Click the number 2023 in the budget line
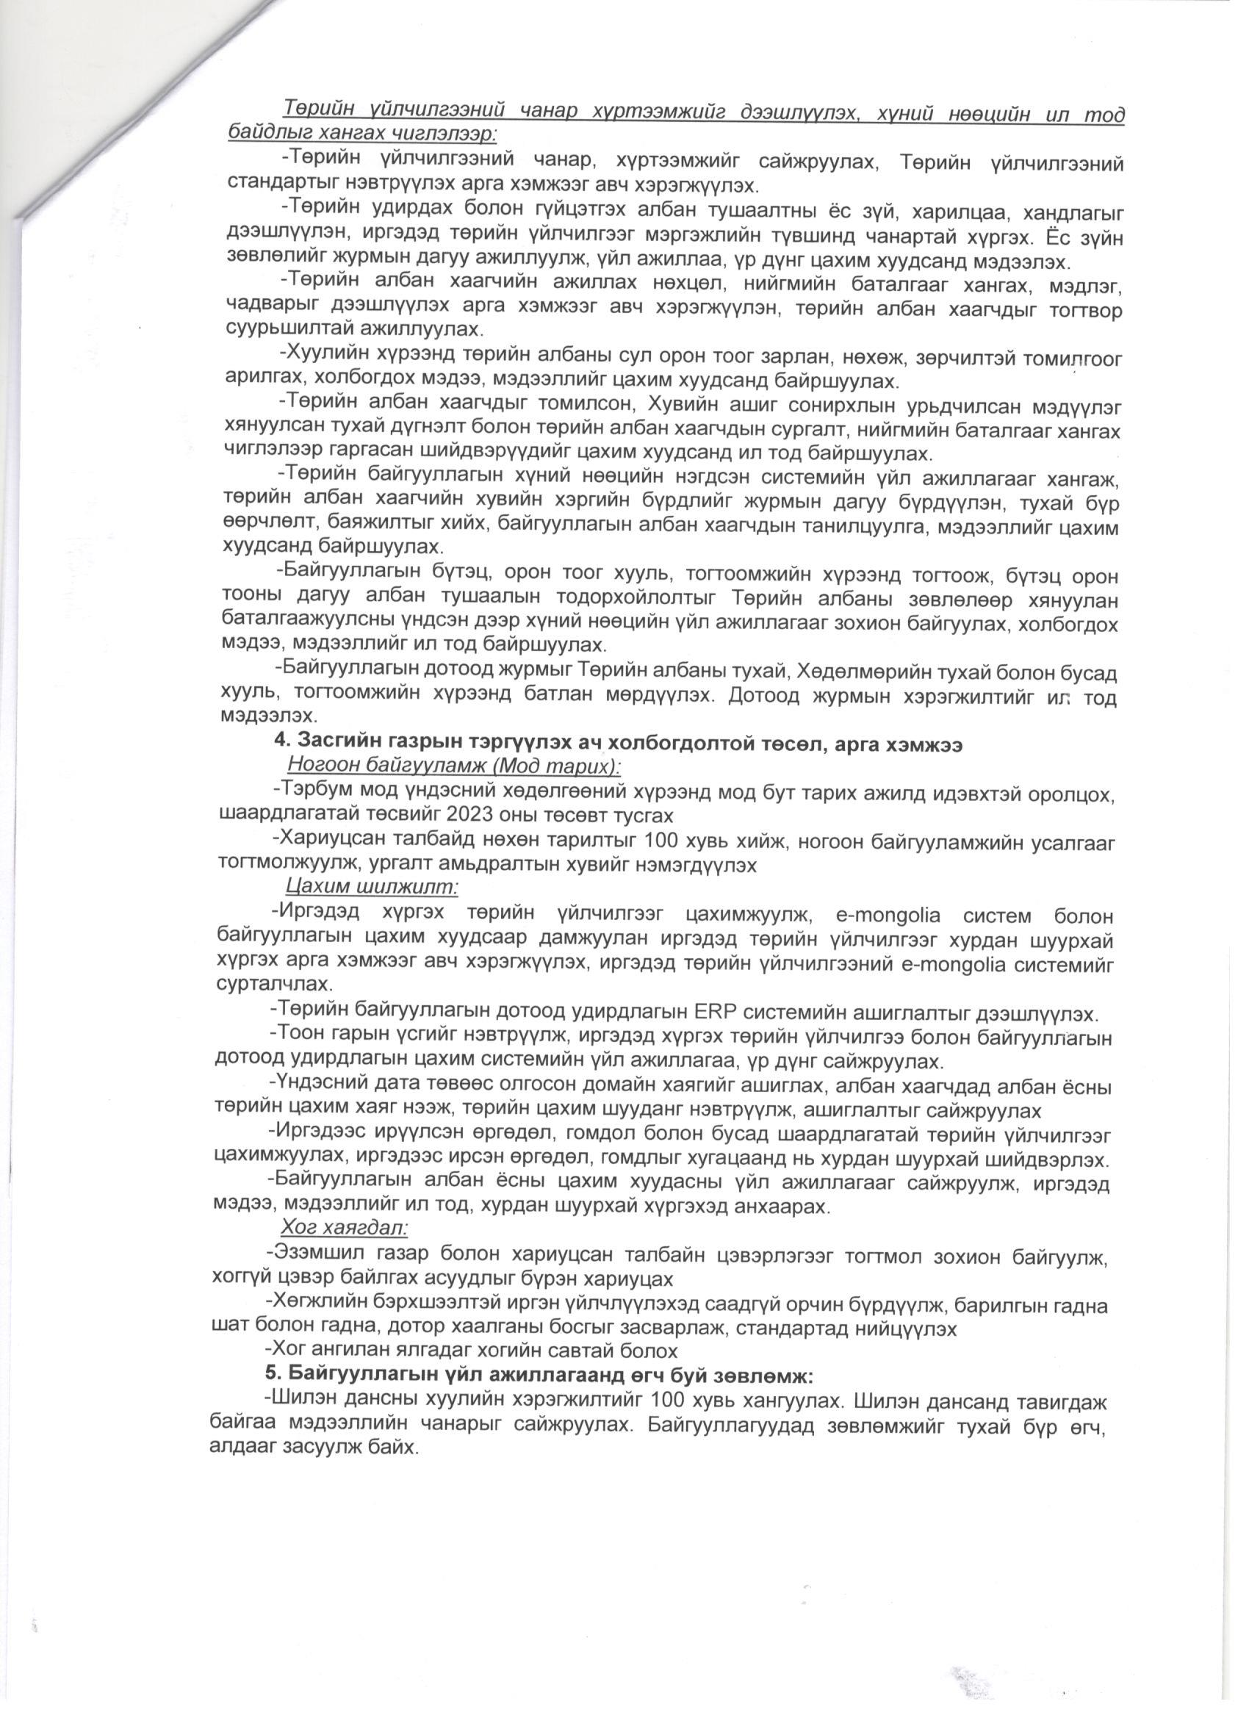[451, 815]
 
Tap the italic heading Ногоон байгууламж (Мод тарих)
[454, 766]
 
